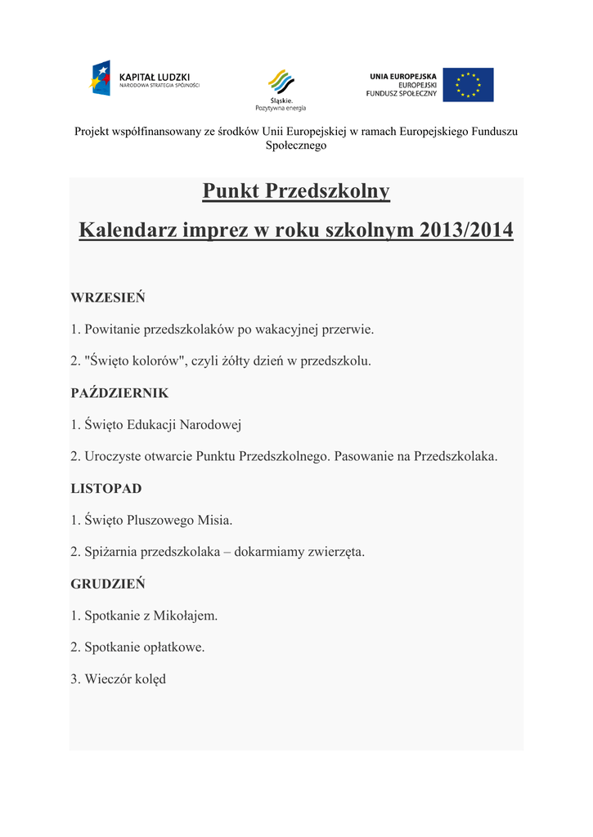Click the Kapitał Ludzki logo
[x=143, y=79]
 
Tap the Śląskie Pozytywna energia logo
[x=281, y=89]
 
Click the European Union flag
[x=468, y=84]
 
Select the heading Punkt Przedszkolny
[x=296, y=192]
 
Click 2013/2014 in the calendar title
[x=466, y=231]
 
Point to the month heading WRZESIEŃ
[x=107, y=297]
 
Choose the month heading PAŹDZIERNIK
[x=119, y=393]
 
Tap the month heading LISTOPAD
[x=106, y=489]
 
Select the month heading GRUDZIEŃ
[x=107, y=584]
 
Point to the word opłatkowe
[x=176, y=647]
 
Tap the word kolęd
[x=150, y=679]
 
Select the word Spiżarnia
[x=111, y=552]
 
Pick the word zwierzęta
[x=335, y=552]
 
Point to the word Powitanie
[x=112, y=329]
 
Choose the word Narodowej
[x=210, y=425]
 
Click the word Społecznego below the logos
[x=296, y=145]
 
